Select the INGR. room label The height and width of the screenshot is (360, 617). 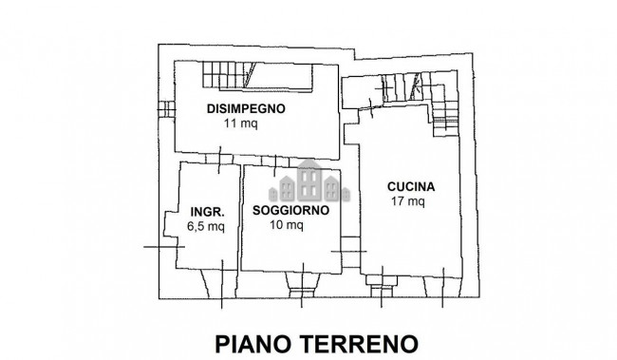click(206, 211)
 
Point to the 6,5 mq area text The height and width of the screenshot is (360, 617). click(206, 226)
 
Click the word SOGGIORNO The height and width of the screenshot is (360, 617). click(290, 210)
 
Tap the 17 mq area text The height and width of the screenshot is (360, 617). click(408, 201)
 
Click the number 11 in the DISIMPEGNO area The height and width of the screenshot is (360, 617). click(230, 123)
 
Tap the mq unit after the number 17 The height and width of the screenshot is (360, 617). click(417, 201)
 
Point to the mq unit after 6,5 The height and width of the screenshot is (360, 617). click(216, 227)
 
